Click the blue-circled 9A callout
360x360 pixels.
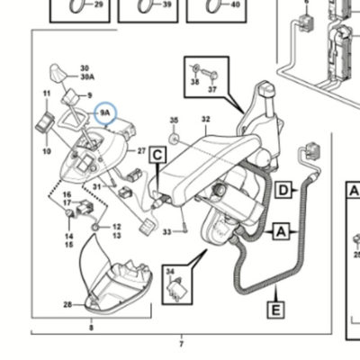click(105, 113)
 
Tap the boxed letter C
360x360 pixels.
click(157, 155)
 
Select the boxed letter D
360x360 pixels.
click(283, 190)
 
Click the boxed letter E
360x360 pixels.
click(275, 310)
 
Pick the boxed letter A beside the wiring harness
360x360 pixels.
click(281, 231)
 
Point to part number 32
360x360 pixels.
click(205, 120)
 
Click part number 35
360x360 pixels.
click(174, 121)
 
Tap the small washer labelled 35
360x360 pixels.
click(174, 139)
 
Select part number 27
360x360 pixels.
click(141, 151)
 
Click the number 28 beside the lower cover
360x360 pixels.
click(67, 305)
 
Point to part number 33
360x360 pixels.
click(167, 232)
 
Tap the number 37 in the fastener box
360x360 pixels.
click(212, 89)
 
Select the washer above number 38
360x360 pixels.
click(195, 68)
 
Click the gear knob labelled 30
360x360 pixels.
click(57, 72)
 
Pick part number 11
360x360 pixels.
click(47, 94)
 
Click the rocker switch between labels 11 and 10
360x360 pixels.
click(45, 123)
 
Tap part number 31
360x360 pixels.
click(96, 187)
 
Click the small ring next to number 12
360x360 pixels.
click(94, 227)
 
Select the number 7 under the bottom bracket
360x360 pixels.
click(181, 344)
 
